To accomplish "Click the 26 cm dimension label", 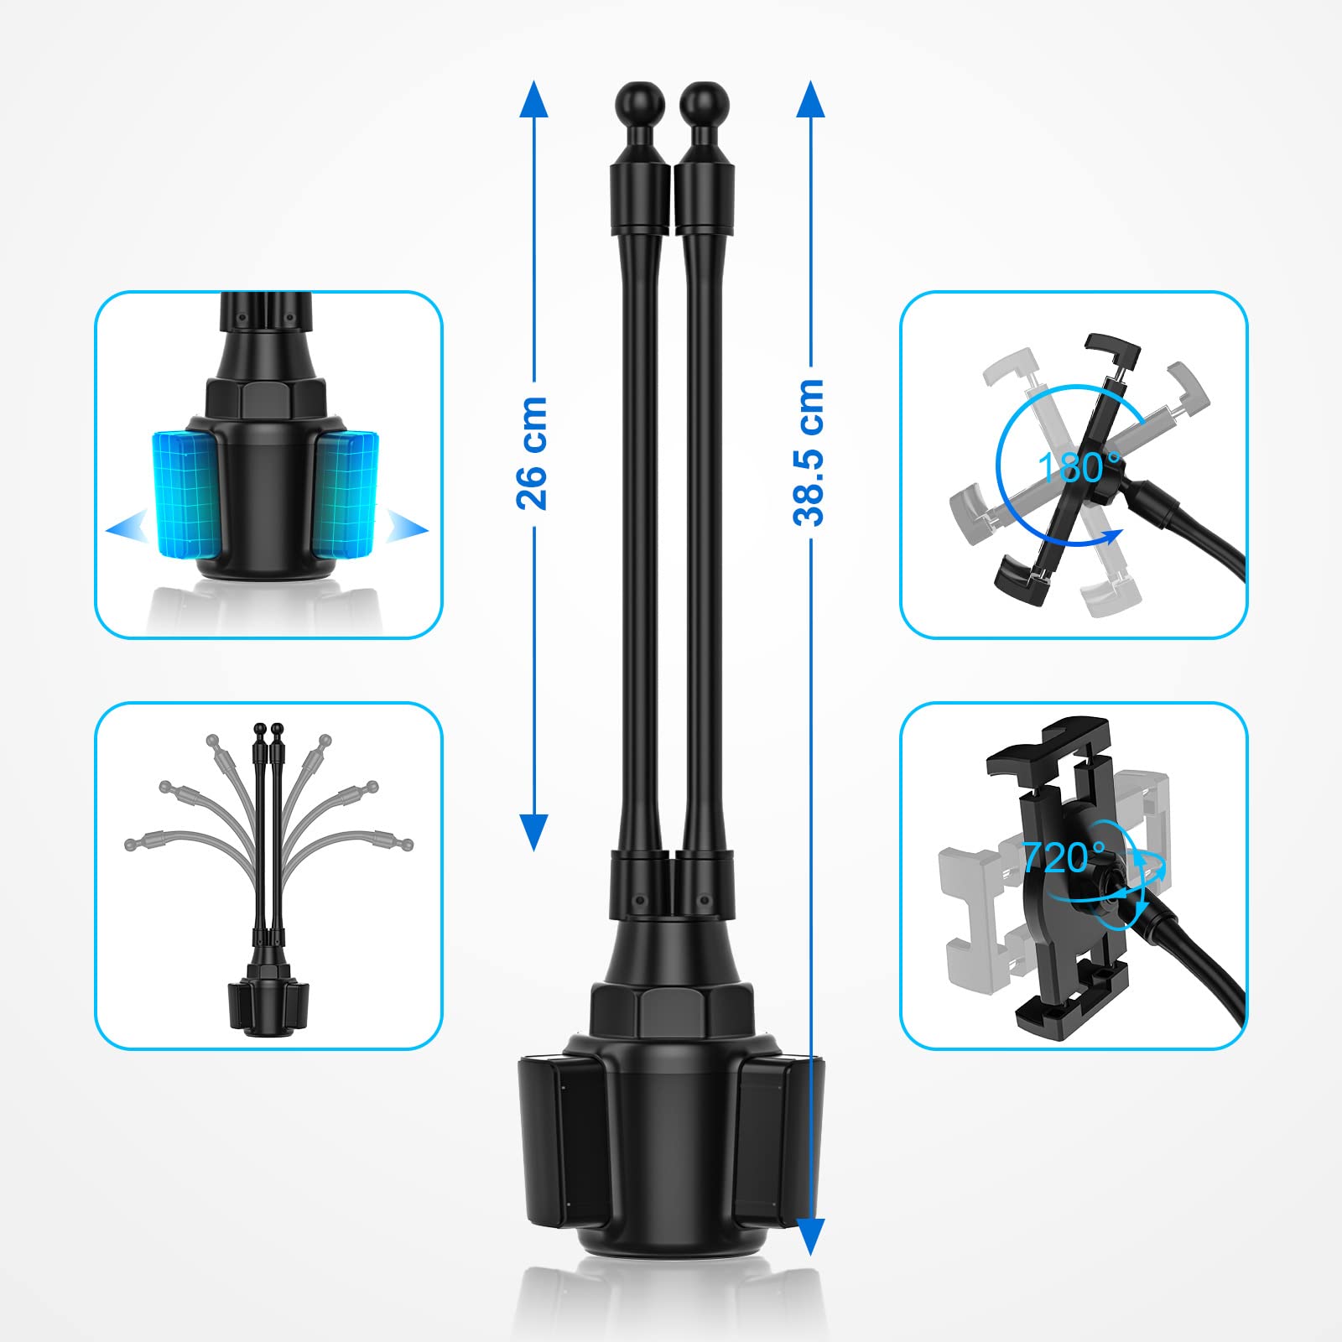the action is (532, 453).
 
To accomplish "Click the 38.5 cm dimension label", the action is (809, 452).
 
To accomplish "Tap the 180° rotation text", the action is (1079, 467).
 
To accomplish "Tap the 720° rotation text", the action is (1063, 856).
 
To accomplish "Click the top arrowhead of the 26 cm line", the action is (533, 99).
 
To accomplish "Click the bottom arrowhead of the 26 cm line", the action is (533, 832).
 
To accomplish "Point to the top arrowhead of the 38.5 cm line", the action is (809, 99).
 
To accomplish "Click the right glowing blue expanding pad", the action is (346, 492).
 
